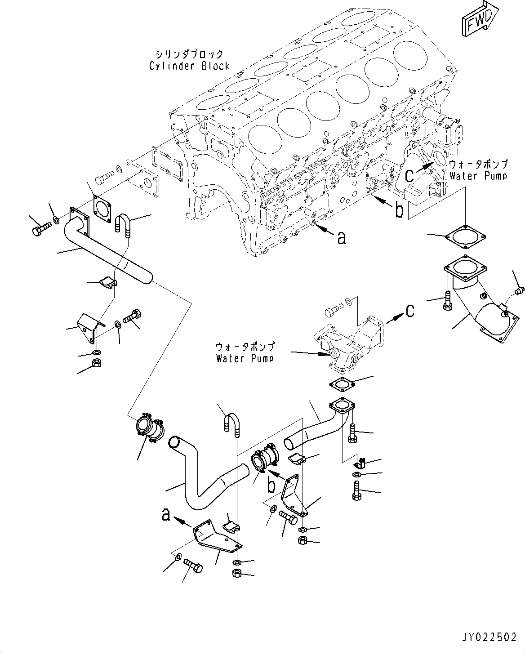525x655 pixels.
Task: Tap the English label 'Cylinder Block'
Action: (x=189, y=66)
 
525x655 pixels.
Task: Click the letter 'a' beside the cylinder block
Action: (x=342, y=238)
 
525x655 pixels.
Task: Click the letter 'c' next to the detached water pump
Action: (x=410, y=311)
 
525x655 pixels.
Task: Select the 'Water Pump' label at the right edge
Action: (x=478, y=176)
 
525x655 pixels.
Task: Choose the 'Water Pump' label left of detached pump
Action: (x=245, y=358)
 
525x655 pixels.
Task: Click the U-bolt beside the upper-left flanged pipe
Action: (x=123, y=225)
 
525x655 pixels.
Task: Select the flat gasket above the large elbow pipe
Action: (x=465, y=236)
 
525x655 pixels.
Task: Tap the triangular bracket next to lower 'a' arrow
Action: (x=216, y=537)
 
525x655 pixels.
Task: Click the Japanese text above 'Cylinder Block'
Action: (x=189, y=54)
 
